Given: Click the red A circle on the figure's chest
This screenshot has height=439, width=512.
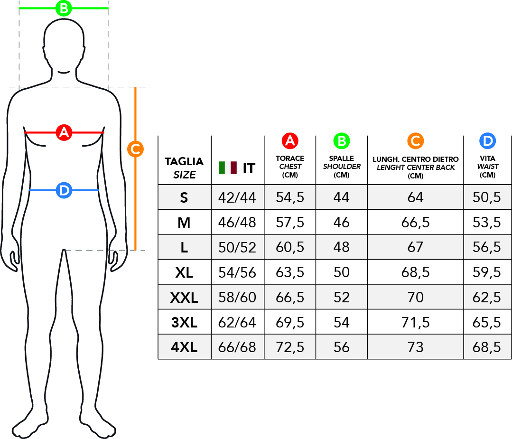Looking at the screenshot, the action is coord(64,132).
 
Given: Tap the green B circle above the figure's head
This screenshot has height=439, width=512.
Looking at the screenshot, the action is coord(64,8).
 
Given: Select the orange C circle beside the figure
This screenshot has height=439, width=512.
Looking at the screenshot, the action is coord(136,149).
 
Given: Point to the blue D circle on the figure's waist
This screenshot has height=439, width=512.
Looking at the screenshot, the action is coord(64,190).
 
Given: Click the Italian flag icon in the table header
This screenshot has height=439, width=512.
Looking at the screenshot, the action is coord(228,168).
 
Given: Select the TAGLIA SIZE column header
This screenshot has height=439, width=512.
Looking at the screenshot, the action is coord(184,168).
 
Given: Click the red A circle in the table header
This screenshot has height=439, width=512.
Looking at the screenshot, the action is coord(290,141).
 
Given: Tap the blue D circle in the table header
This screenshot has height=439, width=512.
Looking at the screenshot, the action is coord(487,141).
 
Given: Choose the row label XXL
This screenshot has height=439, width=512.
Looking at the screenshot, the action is coord(184,298).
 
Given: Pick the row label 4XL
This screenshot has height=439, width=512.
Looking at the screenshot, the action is coord(184,347).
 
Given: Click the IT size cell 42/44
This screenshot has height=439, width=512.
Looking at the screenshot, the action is coord(237,197).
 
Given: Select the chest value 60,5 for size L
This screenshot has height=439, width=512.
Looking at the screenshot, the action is coord(290,247).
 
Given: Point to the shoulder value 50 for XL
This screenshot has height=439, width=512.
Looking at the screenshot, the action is coord(342,272).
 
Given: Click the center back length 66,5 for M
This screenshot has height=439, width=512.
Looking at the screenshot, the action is coord(415,223).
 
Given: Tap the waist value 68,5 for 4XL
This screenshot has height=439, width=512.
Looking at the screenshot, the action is coord(486,347).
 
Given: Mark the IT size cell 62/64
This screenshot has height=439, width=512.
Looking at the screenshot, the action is coord(237,322).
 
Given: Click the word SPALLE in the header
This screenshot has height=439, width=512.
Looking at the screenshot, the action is coord(342,159).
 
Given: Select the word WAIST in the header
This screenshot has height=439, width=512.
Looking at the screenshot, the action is coord(488,166).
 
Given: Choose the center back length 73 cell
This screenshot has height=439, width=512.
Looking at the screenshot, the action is coord(415,347).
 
